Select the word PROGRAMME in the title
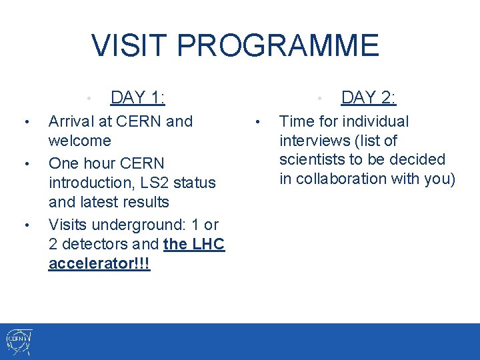[278, 46]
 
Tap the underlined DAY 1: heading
[138, 98]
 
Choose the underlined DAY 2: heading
[368, 98]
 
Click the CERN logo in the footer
[18, 342]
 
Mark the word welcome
[79, 141]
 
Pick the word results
[146, 202]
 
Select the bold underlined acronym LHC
[209, 244]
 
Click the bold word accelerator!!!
[99, 263]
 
